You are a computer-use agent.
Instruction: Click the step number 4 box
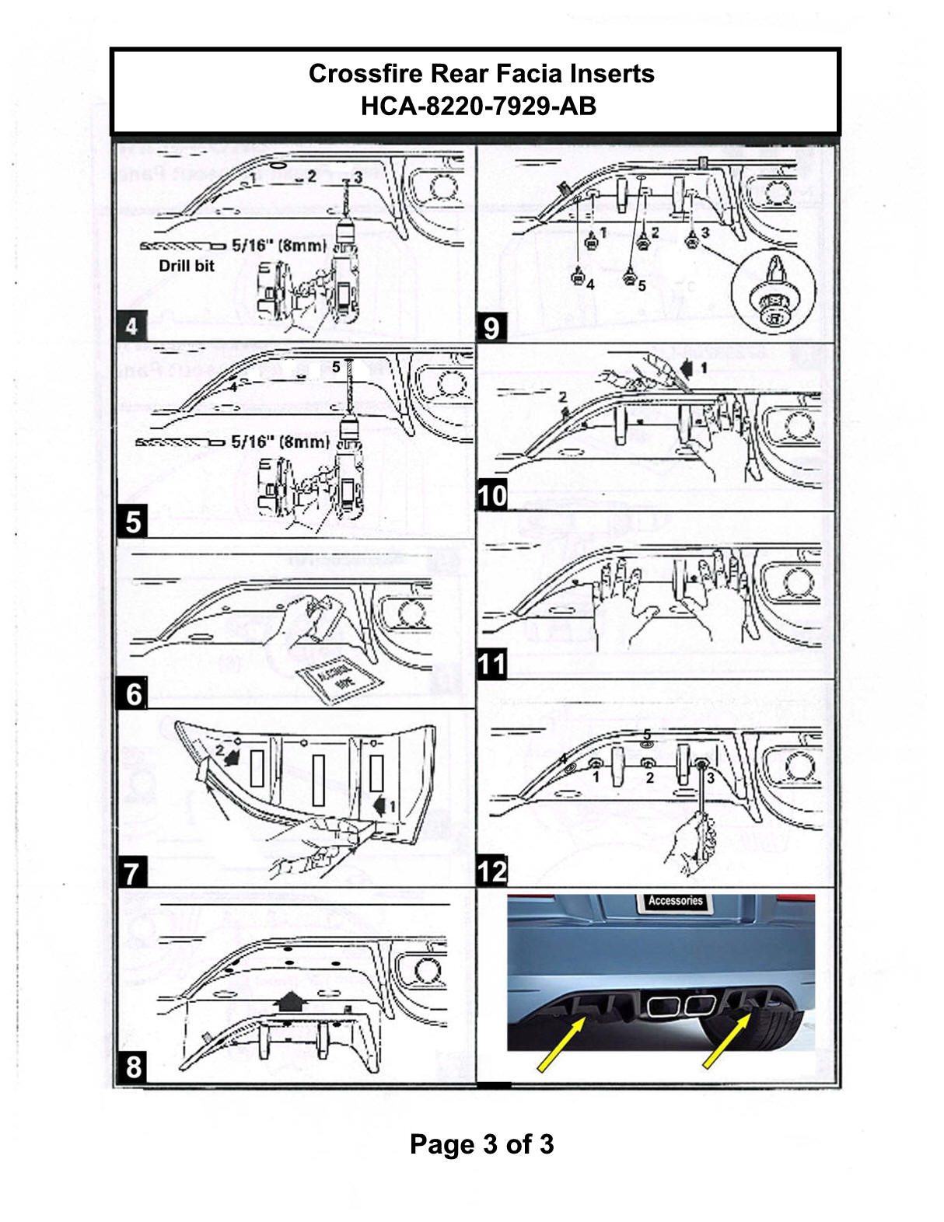131,326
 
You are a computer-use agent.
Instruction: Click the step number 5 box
133,522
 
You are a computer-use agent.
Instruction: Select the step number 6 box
134,693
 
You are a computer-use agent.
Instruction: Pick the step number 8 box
134,1067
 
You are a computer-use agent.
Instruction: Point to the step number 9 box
491,327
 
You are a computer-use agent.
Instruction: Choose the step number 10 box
492,495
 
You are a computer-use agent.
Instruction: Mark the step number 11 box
492,665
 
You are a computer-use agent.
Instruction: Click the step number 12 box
492,871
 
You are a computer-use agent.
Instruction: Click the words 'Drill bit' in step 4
187,266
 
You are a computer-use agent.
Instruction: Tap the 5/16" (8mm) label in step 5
281,442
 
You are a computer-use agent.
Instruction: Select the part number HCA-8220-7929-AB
478,106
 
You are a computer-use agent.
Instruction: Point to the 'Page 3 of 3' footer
481,1144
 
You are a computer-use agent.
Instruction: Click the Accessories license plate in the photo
675,901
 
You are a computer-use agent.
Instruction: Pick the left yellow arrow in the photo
561,1046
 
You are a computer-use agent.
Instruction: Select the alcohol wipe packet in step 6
337,680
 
